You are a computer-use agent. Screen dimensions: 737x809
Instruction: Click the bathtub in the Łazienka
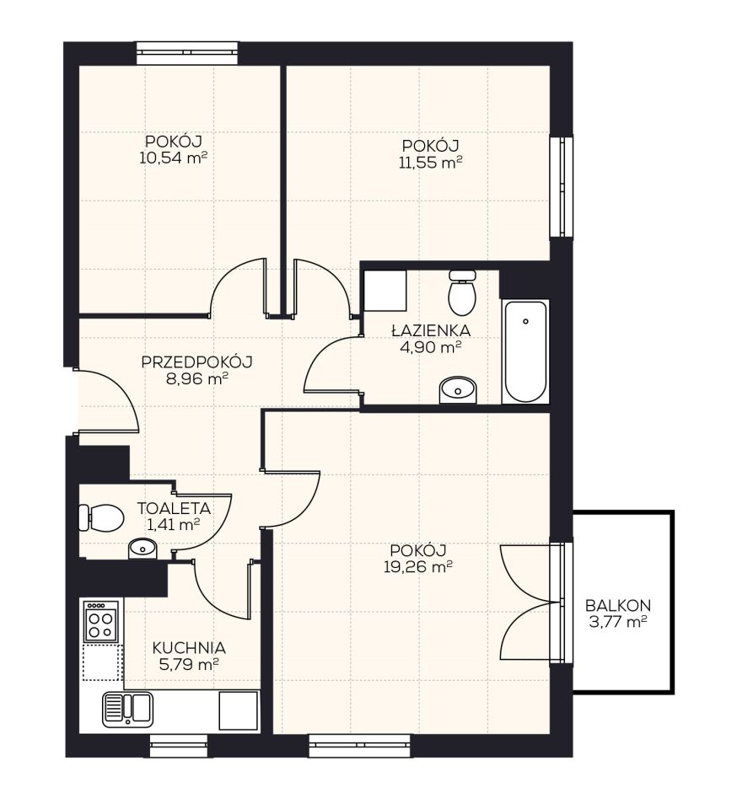tap(525, 352)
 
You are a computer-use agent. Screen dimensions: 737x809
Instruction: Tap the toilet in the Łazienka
tap(461, 292)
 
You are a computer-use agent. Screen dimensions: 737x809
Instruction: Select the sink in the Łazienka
tap(458, 390)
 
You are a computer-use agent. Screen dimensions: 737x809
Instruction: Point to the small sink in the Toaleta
tap(143, 549)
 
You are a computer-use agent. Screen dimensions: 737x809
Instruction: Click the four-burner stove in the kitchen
tap(101, 621)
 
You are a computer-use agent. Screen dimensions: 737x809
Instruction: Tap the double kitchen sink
tap(127, 710)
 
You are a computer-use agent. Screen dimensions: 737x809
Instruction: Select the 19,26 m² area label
tap(418, 567)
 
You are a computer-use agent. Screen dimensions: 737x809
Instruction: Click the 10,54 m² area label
tap(173, 158)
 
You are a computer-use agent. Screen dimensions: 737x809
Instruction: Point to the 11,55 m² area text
tap(430, 163)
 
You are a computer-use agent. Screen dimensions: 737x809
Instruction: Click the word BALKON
tap(618, 605)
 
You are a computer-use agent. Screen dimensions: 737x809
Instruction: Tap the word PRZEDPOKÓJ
tap(196, 362)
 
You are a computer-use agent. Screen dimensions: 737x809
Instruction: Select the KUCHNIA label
tap(189, 647)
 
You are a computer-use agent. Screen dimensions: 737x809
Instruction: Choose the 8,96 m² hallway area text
tap(197, 379)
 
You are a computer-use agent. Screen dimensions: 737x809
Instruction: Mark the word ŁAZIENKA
tap(430, 329)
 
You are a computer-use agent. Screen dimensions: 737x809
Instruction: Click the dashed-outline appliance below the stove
tap(102, 662)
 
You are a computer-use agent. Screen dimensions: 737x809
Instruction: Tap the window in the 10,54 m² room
tap(187, 53)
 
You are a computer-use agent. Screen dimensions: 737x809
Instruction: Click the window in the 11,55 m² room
tap(561, 185)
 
